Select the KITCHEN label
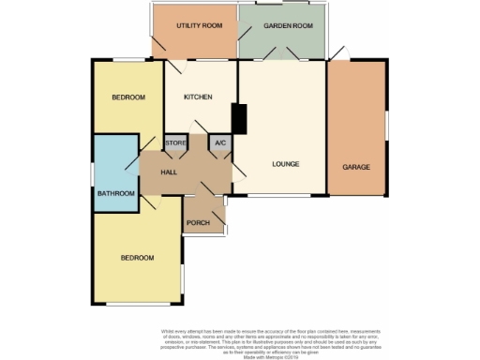pos(198,97)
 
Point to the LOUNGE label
pos(285,164)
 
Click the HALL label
pos(169,172)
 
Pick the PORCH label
pos(198,222)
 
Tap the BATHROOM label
pos(117,193)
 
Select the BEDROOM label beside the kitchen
pos(128,97)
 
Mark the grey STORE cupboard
pos(176,142)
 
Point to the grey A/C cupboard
pos(220,142)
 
